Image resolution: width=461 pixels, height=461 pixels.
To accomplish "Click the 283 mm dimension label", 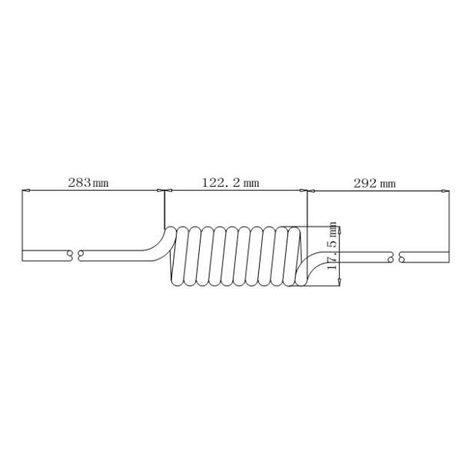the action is [88, 183].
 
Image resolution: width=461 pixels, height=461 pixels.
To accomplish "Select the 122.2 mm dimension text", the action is [230, 183].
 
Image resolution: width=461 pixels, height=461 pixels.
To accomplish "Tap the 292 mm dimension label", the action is [374, 184].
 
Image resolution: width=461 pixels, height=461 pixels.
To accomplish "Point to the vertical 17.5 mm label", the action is [332, 246].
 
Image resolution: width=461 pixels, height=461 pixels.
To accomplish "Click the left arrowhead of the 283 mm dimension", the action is [26, 191].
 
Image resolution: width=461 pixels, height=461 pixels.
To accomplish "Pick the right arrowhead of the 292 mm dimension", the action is [446, 191].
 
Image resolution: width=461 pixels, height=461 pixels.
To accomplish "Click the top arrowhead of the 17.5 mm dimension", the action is [340, 230].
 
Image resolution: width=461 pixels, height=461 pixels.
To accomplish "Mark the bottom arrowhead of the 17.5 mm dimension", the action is [340, 282].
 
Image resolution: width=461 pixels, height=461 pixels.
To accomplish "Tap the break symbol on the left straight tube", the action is [75, 256].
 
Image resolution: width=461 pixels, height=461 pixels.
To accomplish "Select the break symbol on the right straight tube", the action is [396, 257].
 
